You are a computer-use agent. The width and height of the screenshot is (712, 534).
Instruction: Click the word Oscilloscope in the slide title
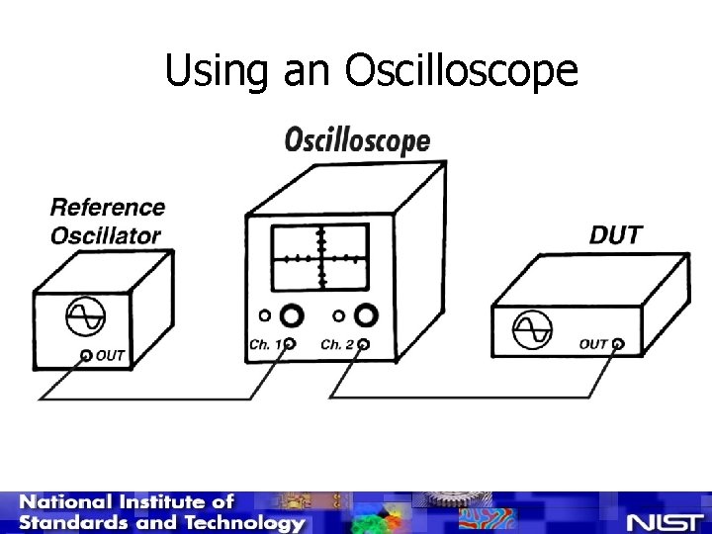click(x=461, y=71)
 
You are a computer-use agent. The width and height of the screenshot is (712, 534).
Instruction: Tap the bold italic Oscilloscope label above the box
click(x=357, y=141)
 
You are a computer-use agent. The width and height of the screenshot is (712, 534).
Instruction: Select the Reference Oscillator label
click(x=107, y=221)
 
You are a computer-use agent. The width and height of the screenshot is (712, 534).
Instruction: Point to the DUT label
click(x=615, y=235)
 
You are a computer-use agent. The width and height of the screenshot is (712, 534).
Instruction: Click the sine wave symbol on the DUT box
click(x=531, y=327)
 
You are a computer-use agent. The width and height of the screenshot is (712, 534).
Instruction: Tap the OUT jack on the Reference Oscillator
click(x=86, y=355)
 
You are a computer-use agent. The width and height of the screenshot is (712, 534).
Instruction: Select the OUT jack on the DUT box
click(x=618, y=344)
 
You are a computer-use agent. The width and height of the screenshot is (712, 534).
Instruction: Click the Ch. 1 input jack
click(x=290, y=345)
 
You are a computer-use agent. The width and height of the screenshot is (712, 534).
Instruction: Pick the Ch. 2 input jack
click(x=364, y=345)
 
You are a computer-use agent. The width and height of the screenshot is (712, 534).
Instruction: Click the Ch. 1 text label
click(x=264, y=345)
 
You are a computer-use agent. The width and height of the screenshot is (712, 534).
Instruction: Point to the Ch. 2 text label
click(x=337, y=345)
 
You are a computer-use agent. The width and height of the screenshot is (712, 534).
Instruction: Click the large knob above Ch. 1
click(x=292, y=316)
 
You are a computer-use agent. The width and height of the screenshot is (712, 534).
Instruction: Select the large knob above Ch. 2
click(x=366, y=315)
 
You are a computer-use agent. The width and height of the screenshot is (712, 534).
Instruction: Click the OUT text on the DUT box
click(x=593, y=344)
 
